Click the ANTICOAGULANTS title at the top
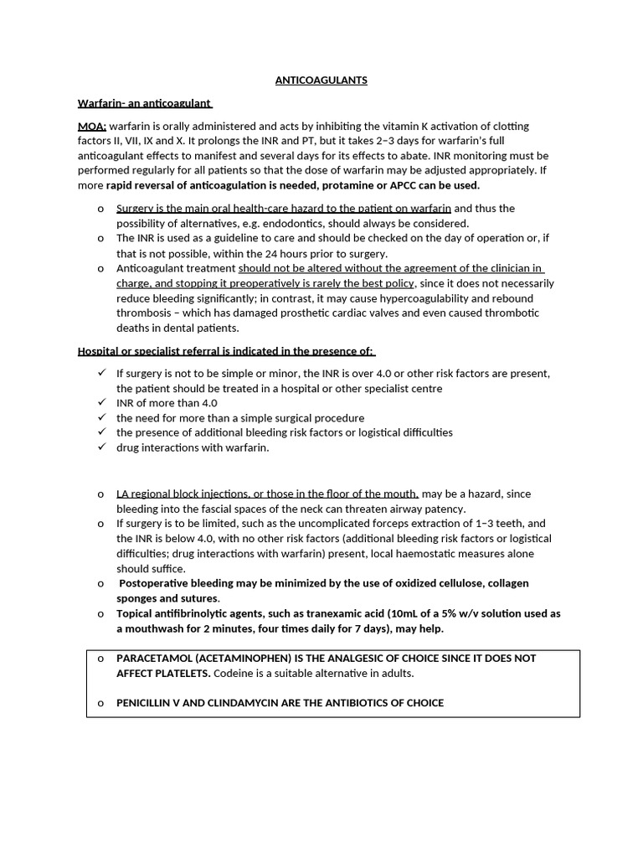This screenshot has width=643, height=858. click(x=321, y=80)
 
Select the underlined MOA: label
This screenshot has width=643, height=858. click(x=91, y=126)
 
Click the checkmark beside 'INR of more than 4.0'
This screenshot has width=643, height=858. click(x=101, y=402)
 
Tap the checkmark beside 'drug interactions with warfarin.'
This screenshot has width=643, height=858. click(x=101, y=447)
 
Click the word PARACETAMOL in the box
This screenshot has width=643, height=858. click(x=152, y=659)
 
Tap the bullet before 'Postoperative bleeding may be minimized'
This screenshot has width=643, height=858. click(x=100, y=583)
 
